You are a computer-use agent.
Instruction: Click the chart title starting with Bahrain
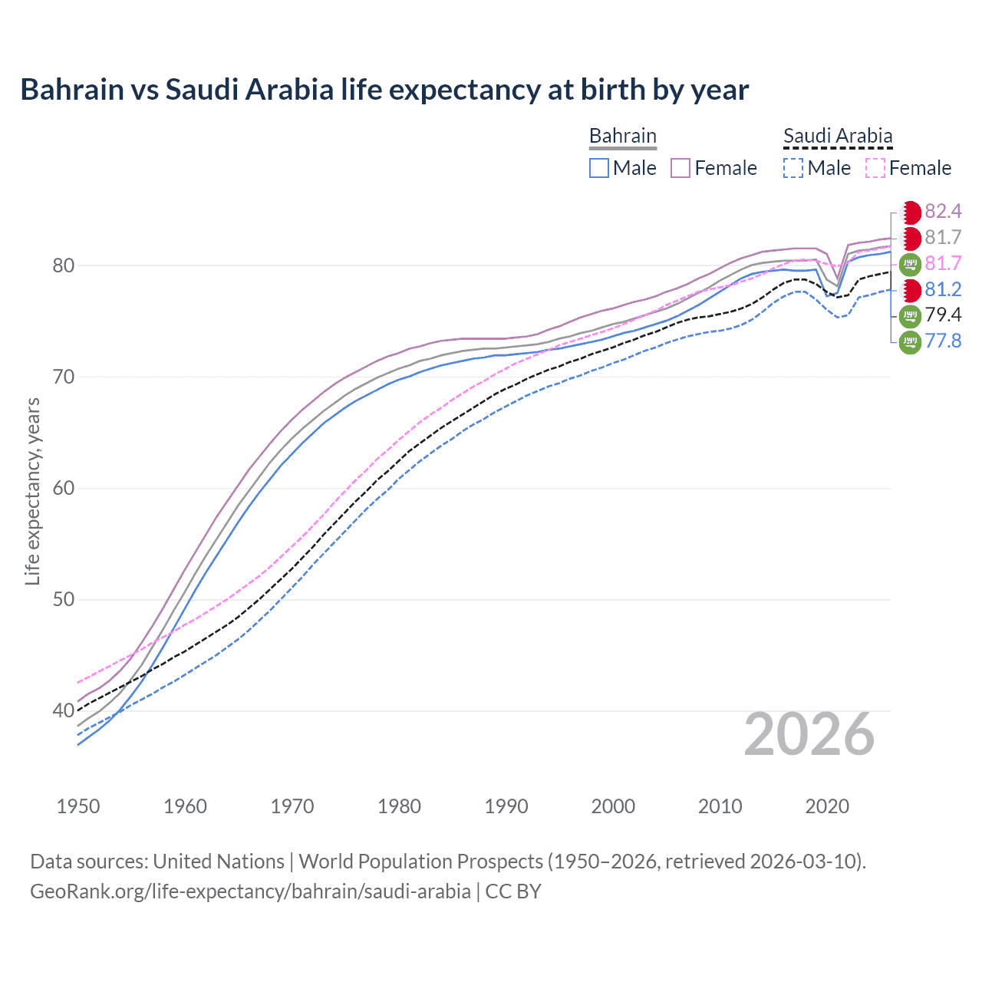click(384, 90)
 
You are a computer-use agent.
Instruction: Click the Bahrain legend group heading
click(622, 136)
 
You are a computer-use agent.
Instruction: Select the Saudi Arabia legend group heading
click(837, 136)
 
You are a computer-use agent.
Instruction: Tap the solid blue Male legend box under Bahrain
click(599, 168)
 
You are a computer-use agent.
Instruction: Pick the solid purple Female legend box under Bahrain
click(680, 168)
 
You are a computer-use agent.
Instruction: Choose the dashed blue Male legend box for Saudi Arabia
click(793, 168)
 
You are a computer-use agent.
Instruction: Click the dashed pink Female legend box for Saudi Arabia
click(875, 168)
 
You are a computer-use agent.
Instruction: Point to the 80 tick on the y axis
click(63, 266)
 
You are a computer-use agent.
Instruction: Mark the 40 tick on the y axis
click(63, 711)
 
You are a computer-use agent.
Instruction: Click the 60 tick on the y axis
click(63, 489)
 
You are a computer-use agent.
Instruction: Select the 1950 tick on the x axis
click(78, 806)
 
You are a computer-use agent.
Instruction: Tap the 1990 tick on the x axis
click(506, 806)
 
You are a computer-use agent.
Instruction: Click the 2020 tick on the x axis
click(827, 806)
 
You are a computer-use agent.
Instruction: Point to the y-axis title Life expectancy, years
click(33, 491)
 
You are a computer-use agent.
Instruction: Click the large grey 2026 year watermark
click(809, 734)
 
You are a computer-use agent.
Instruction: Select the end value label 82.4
click(943, 212)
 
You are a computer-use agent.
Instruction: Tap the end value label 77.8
click(943, 341)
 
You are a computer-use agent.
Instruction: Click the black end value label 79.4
click(943, 315)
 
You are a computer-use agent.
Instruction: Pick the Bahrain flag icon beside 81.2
click(910, 290)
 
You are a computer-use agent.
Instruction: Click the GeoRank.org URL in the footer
click(250, 891)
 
